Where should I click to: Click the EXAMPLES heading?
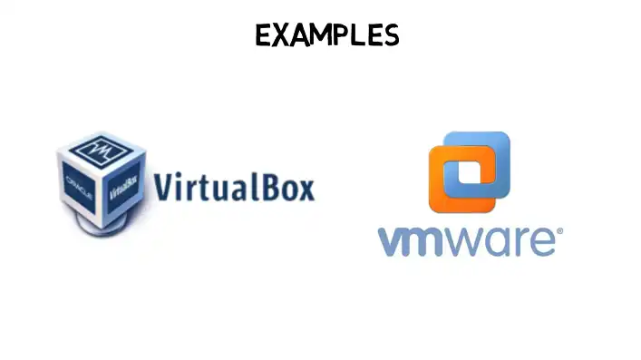[x=327, y=34]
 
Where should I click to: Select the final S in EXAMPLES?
[x=391, y=35]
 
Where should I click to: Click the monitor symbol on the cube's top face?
[x=101, y=151]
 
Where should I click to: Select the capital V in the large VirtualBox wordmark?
[x=162, y=187]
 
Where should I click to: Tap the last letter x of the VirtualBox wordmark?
[x=306, y=191]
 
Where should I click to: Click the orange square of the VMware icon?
[x=442, y=196]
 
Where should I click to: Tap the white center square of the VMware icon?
[x=470, y=171]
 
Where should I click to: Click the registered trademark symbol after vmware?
[x=559, y=231]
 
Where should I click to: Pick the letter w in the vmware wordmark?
[x=467, y=242]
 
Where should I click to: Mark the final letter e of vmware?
[x=542, y=242]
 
